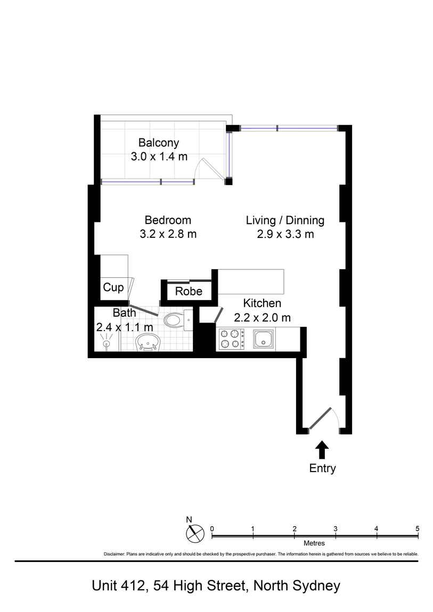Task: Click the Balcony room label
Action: (x=159, y=143)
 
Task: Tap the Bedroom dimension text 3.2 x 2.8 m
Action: (x=168, y=234)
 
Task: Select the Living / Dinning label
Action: (x=285, y=220)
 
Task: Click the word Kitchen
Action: (x=262, y=303)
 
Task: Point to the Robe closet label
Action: (x=189, y=291)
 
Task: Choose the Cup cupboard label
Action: (x=113, y=288)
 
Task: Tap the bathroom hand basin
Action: (x=148, y=342)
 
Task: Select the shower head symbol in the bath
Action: (x=106, y=341)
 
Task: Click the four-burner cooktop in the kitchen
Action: (x=232, y=339)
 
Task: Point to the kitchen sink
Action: (x=264, y=339)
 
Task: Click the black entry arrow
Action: (x=322, y=450)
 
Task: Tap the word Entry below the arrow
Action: (x=323, y=468)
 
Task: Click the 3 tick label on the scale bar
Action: (x=336, y=529)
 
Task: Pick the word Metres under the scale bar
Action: (x=314, y=543)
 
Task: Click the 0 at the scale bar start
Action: (x=212, y=529)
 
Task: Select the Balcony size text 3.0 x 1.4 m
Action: (x=159, y=156)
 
